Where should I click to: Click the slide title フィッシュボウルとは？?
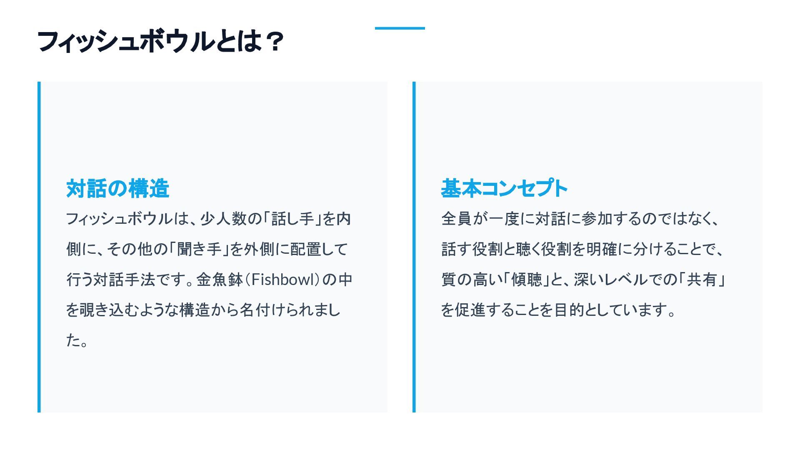pos(160,42)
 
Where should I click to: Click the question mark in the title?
pos(274,42)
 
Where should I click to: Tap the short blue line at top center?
pos(400,28)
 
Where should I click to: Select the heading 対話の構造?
pos(117,188)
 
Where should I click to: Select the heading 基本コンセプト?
pos(504,188)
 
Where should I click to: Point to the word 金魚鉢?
pos(220,280)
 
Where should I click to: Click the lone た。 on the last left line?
pos(77,340)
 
